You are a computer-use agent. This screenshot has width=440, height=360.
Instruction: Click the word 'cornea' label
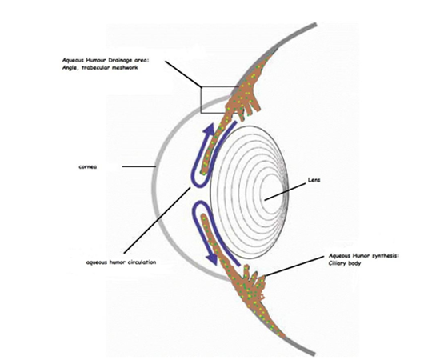(x=87, y=166)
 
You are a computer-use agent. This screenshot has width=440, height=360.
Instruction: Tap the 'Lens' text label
(x=314, y=179)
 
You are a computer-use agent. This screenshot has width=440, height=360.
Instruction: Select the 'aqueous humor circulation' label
(x=121, y=262)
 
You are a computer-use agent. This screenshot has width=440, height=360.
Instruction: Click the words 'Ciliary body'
(x=345, y=263)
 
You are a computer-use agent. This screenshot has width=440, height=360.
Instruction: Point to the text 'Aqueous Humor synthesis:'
(x=364, y=256)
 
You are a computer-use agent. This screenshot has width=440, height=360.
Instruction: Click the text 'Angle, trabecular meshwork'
(x=100, y=68)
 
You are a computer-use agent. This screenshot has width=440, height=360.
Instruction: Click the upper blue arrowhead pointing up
(x=210, y=130)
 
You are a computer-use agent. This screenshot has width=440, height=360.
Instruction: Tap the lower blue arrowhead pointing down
(x=212, y=258)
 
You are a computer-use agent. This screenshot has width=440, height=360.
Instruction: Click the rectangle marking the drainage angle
(x=201, y=100)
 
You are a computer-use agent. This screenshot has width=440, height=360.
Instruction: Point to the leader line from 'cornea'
(x=139, y=166)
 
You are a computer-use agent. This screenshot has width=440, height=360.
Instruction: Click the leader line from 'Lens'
(x=285, y=192)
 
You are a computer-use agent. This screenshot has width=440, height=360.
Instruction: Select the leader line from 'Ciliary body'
(x=294, y=266)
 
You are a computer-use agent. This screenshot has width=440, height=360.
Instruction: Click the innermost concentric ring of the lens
(x=270, y=187)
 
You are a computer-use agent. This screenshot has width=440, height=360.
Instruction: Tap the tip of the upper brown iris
(x=203, y=172)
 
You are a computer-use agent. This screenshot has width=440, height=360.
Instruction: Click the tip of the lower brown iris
(x=204, y=216)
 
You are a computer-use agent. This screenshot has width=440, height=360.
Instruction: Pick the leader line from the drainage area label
(x=183, y=74)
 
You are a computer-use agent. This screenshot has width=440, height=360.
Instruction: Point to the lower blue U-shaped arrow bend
(x=194, y=211)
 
